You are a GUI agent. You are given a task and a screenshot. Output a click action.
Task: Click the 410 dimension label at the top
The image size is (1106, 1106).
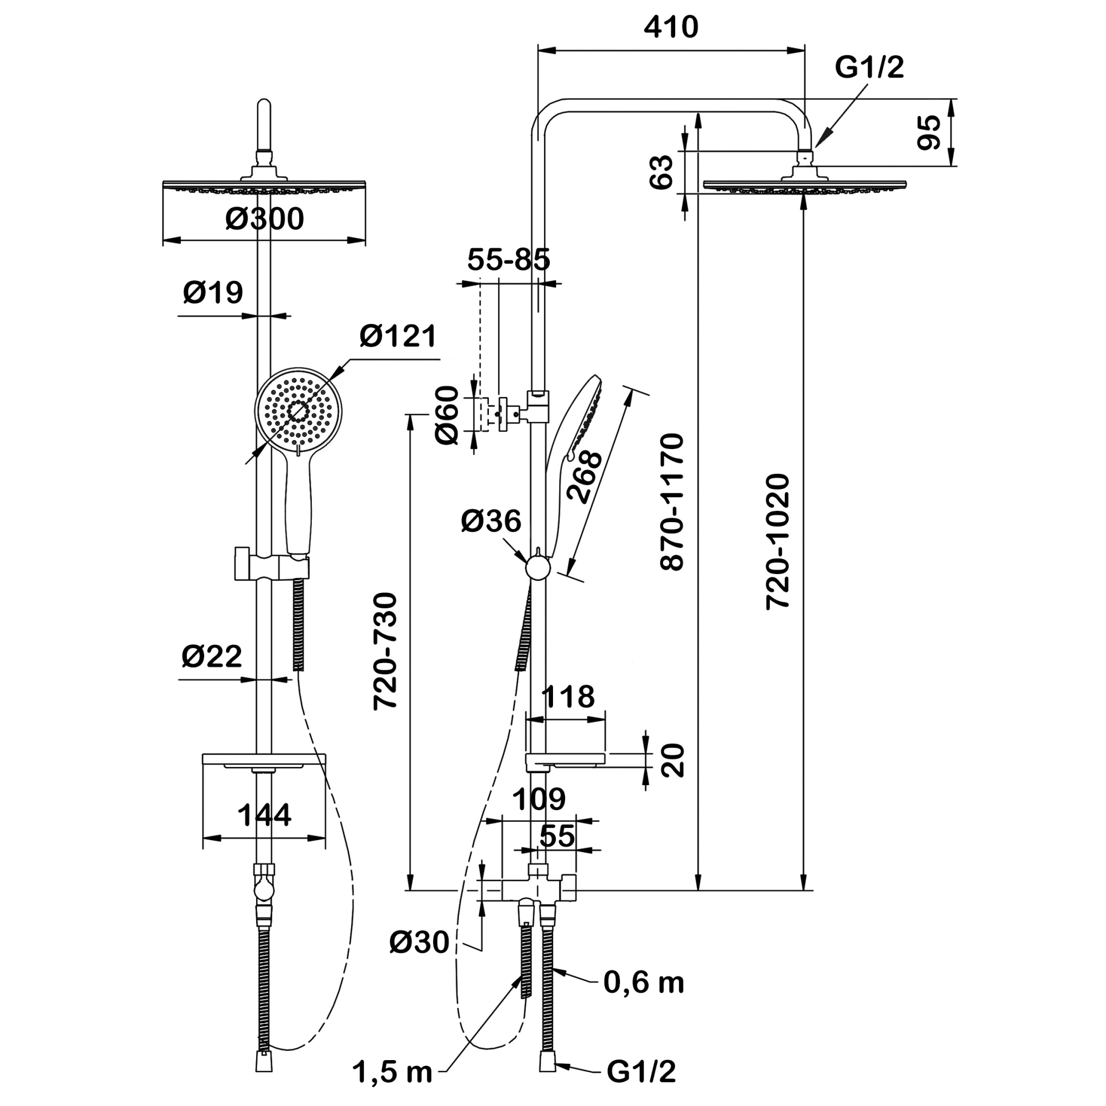point(671,28)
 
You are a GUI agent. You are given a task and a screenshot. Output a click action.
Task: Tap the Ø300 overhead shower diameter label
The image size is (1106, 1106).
point(264,219)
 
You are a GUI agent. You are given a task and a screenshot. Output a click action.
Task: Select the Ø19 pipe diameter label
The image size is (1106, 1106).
point(213,293)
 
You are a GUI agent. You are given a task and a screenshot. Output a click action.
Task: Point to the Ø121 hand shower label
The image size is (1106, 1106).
point(398,336)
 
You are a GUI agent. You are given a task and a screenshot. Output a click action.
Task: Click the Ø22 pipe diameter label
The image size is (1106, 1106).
point(212,656)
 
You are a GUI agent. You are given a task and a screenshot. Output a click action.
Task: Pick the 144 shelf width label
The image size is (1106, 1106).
point(264,815)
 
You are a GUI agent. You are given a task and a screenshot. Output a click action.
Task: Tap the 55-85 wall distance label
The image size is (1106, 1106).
point(508,260)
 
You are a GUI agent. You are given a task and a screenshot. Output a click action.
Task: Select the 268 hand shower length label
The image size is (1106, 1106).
point(584,477)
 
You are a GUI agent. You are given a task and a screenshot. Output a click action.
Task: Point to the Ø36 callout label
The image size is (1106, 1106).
point(491,521)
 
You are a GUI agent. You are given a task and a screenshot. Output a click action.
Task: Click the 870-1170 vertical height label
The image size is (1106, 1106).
point(672,502)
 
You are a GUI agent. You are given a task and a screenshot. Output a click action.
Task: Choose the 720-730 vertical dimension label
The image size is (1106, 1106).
point(385,651)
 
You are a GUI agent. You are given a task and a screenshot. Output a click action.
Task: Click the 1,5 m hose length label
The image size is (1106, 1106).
point(392,1072)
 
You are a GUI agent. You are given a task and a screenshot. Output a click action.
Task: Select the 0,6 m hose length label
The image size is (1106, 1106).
point(644,983)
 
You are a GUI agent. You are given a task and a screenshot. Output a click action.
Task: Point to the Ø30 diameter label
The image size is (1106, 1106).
point(419,942)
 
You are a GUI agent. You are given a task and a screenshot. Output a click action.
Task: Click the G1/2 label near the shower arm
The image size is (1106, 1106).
point(869,67)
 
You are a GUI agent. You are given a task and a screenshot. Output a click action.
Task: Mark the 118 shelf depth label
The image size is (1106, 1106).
point(568,697)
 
